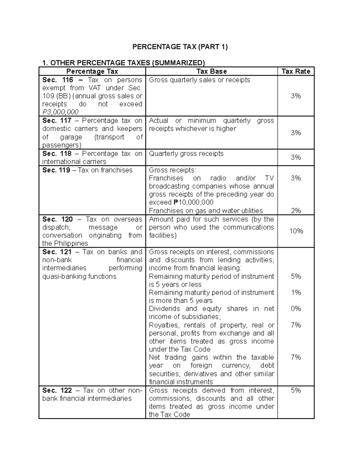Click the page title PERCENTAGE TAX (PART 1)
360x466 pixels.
pos(180,47)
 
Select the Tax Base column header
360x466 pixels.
pos(211,71)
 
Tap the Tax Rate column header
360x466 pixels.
pos(296,71)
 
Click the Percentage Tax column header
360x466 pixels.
pos(92,71)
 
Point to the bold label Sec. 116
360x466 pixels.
pos(58,80)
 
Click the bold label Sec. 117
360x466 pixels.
pos(57,121)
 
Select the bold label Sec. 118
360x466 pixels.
pos(57,154)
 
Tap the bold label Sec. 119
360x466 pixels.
pos(56,170)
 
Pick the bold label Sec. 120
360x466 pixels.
pos(58,219)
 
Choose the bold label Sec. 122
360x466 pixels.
pos(57,390)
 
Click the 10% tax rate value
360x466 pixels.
pos(296,231)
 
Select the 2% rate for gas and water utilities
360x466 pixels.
pos(296,211)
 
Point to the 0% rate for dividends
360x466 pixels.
pos(296,309)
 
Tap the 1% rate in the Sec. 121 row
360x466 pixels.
pos(296,293)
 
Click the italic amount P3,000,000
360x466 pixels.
pos(60,112)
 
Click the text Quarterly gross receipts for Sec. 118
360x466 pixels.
pos(186,154)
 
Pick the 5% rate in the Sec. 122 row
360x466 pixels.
pos(296,390)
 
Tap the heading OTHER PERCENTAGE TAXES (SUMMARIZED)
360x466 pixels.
pos(127,63)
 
